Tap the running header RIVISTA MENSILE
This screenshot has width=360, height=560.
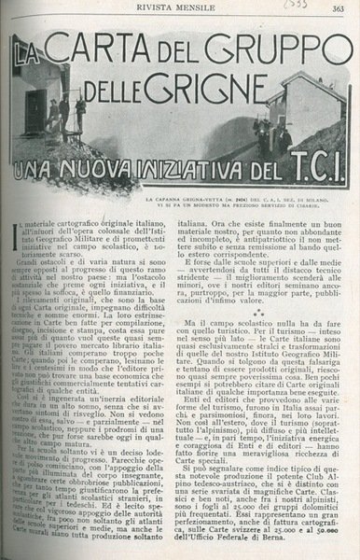178,9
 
